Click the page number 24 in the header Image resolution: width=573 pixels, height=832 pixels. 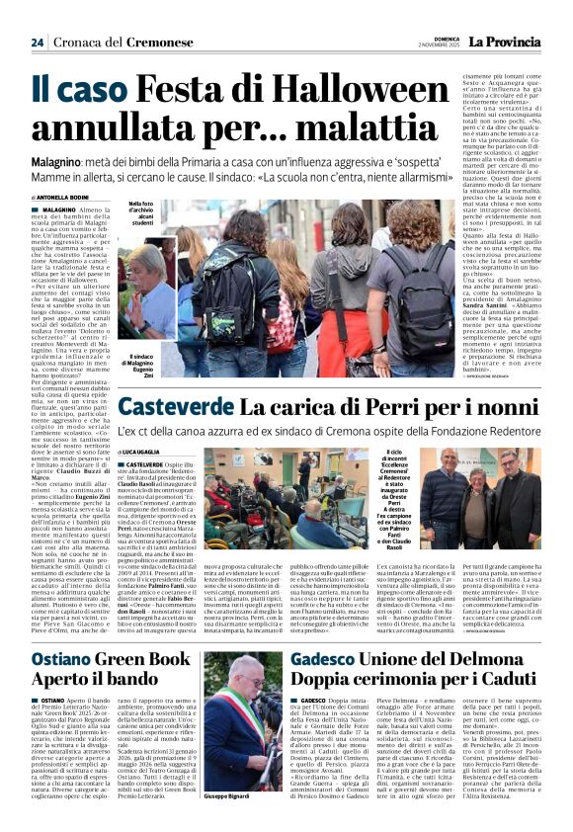click(x=37, y=42)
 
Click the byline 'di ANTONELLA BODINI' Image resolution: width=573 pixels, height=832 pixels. click(x=60, y=197)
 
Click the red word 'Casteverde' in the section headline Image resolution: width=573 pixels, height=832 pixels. click(x=175, y=406)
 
